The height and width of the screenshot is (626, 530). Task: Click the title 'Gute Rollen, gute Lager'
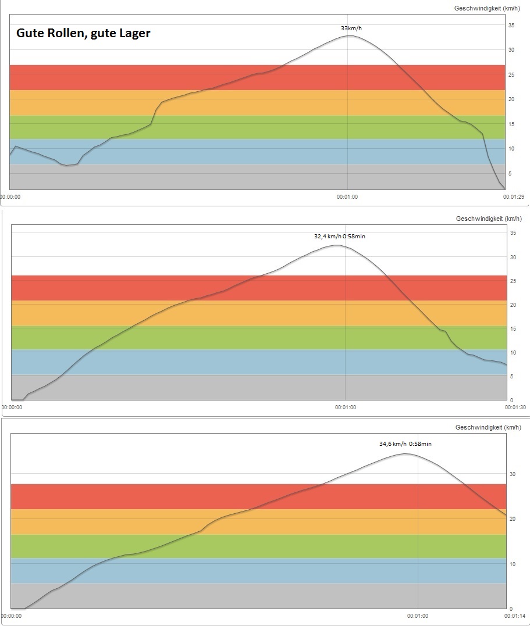(83, 33)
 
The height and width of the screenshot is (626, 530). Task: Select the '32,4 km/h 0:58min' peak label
(340, 236)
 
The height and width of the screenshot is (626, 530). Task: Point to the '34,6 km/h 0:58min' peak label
(405, 443)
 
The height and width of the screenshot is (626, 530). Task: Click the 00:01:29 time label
(514, 197)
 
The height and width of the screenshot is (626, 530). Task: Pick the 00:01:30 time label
(515, 407)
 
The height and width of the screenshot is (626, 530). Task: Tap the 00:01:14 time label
(515, 616)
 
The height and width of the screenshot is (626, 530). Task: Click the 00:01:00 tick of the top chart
(347, 197)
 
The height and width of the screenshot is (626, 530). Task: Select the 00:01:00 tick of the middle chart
(345, 407)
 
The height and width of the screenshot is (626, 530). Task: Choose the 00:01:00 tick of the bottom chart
(418, 616)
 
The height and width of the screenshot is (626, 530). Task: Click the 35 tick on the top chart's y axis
(512, 25)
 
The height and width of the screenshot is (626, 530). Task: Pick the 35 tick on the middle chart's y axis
(513, 233)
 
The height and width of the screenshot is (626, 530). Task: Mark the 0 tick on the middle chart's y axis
(511, 400)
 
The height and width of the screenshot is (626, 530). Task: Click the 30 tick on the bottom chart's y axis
(513, 474)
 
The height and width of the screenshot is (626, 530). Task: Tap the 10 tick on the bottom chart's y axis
(513, 564)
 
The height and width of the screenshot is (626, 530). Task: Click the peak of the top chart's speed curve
(348, 36)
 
